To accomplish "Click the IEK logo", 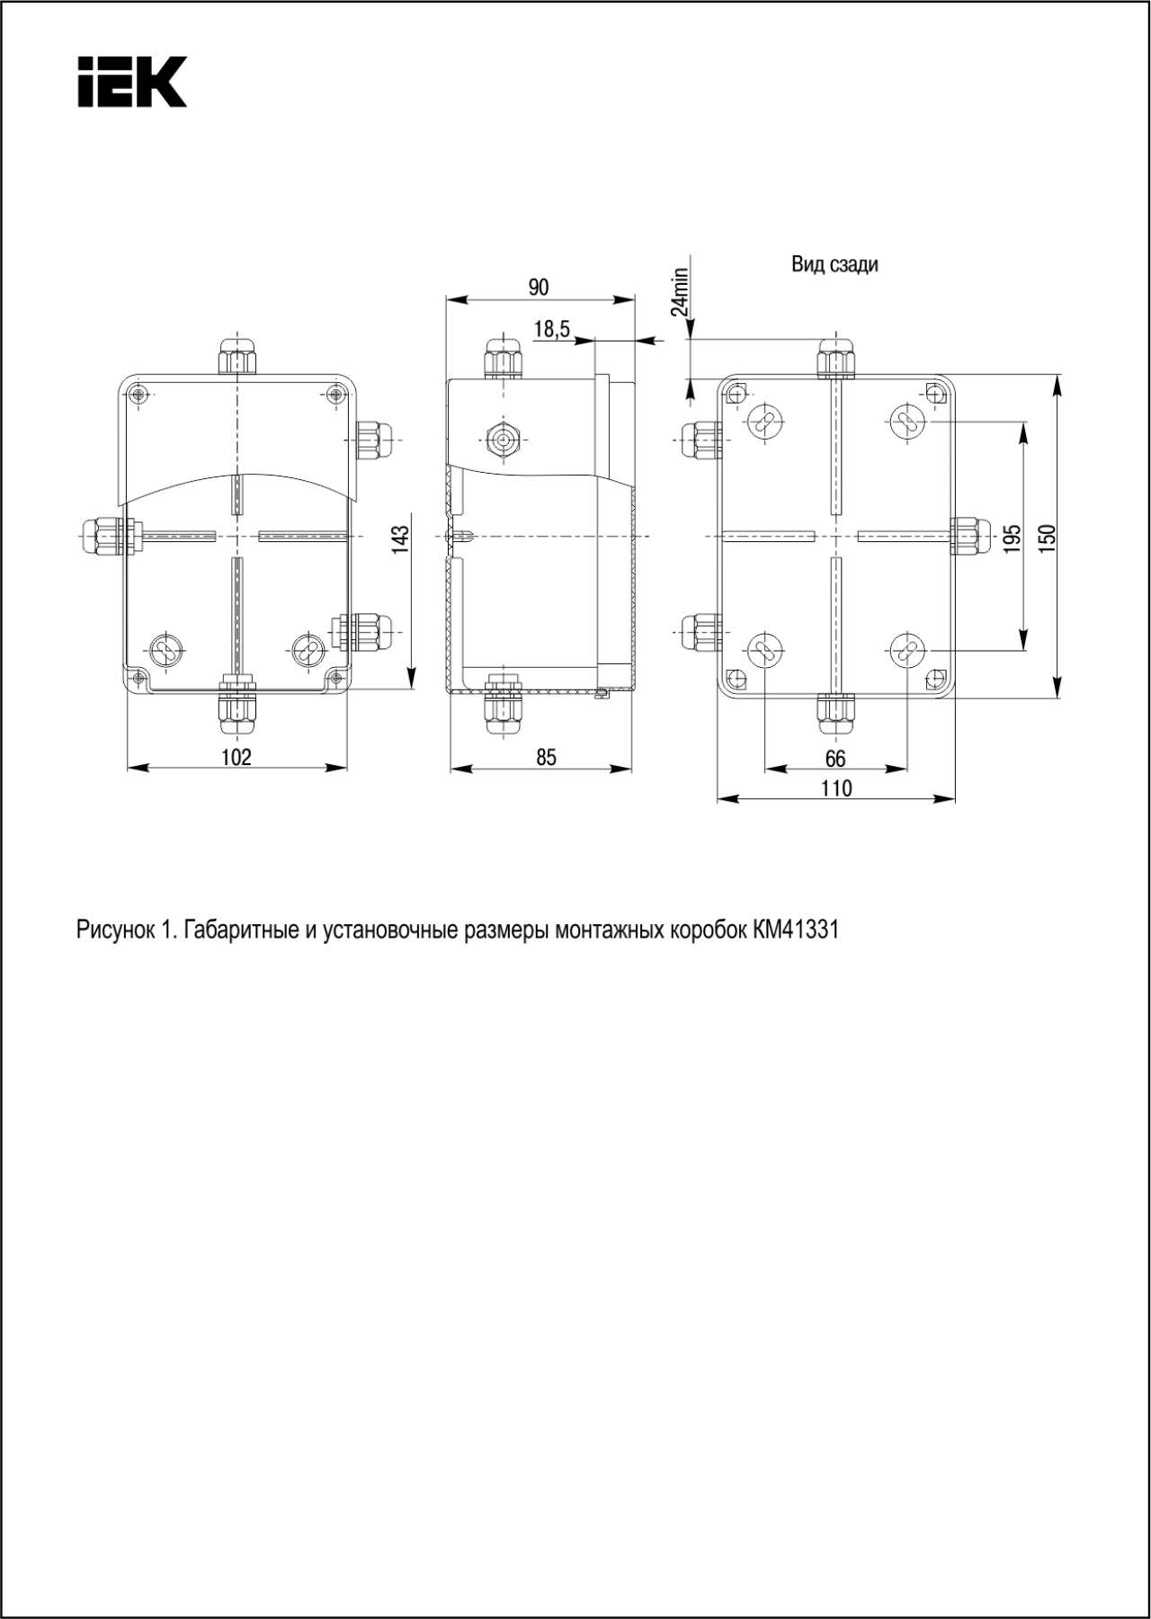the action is [132, 82].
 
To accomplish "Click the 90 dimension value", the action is [538, 288].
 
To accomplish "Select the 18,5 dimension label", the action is [551, 330].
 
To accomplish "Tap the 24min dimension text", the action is [680, 291].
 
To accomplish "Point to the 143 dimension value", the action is [400, 538].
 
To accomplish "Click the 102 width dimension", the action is [236, 757].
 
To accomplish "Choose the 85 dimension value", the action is [546, 757].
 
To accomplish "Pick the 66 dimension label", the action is [834, 759].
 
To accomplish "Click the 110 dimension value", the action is [835, 788].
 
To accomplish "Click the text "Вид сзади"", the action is [834, 264].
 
